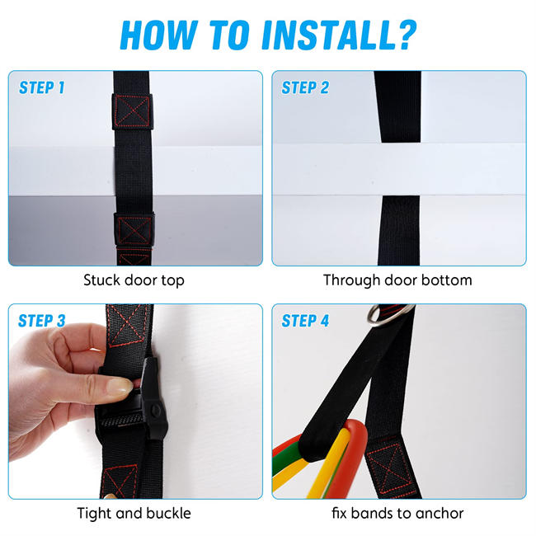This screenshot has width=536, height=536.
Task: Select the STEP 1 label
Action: click(x=42, y=87)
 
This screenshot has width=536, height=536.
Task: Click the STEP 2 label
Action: click(x=305, y=87)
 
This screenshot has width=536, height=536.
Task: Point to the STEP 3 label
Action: click(x=42, y=321)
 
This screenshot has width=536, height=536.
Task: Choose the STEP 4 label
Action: click(x=305, y=321)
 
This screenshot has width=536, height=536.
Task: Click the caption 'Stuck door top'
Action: click(x=134, y=280)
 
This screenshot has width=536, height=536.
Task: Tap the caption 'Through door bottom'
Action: click(x=397, y=280)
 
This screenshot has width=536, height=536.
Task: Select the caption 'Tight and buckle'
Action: click(x=134, y=514)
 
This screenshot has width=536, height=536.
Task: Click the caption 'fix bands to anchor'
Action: click(x=397, y=514)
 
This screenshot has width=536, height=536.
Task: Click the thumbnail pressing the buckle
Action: click(x=120, y=387)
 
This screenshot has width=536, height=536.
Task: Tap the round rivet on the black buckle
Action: click(x=156, y=410)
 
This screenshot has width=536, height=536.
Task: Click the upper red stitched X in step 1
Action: click(x=132, y=111)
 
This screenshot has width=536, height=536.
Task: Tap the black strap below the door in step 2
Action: click(x=399, y=230)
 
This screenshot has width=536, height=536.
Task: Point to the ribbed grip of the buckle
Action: click(x=122, y=420)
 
